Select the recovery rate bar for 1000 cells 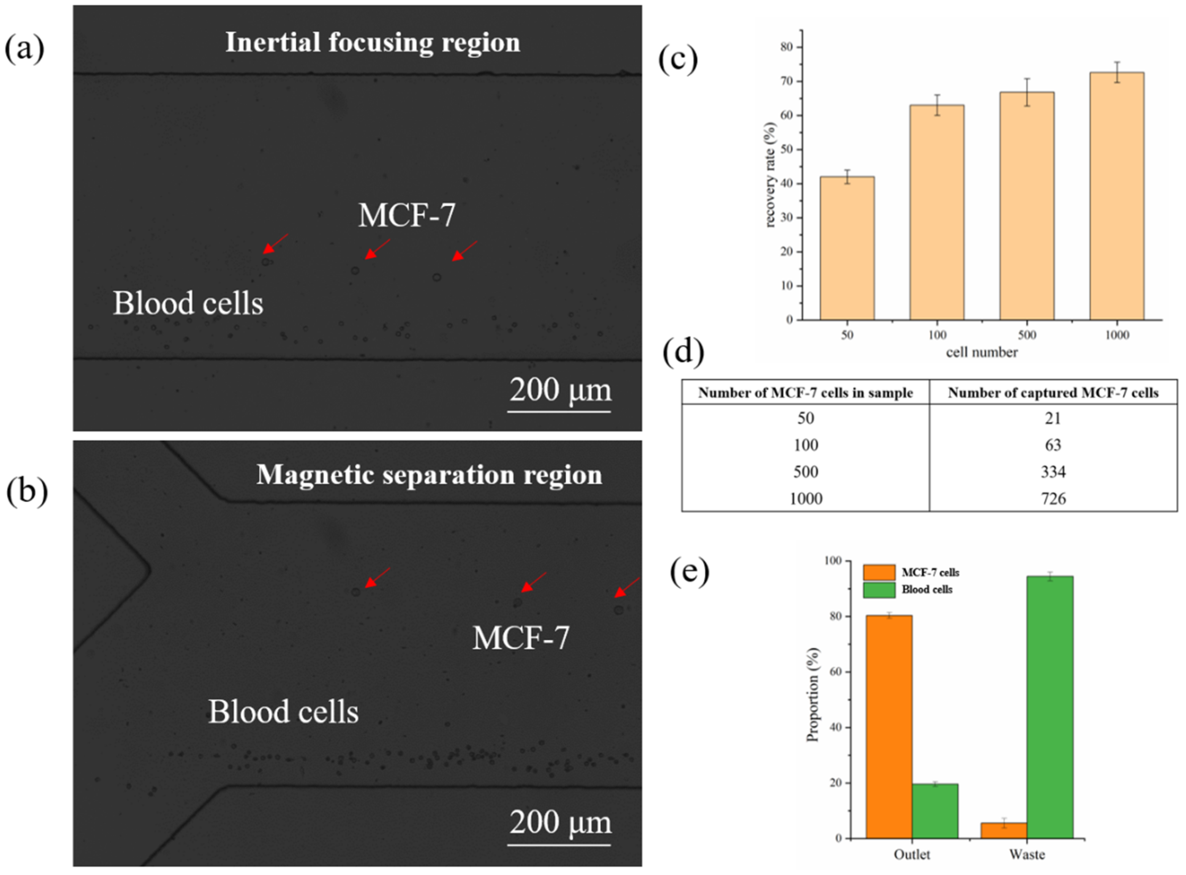pos(1117,196)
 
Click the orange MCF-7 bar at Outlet pos(888,726)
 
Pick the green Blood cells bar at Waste pos(1049,707)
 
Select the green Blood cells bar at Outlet pos(935,811)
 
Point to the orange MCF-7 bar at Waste pos(1003,830)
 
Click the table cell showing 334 pos(1053,472)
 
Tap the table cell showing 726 pos(1053,498)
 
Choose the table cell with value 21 pos(1053,418)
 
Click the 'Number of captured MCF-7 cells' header pos(1053,393)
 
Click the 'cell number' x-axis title pos(982,352)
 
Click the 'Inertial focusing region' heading pos(372,42)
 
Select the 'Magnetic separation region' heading pos(429,474)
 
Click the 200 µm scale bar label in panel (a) pos(560,390)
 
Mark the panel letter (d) pos(683,351)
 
